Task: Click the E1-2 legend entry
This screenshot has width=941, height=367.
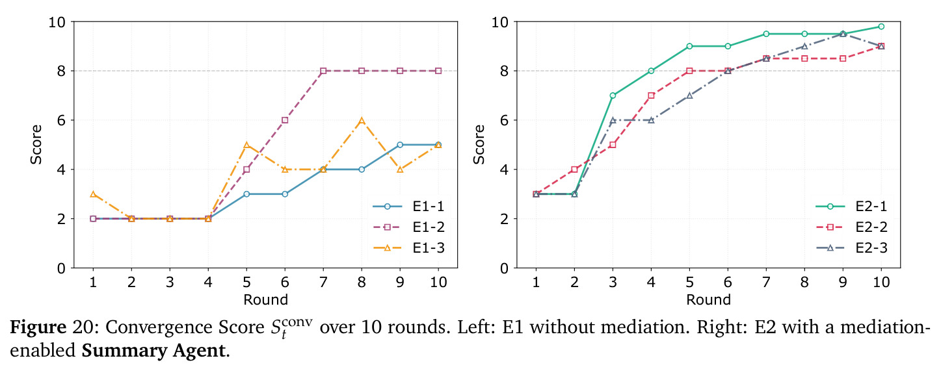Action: (408, 227)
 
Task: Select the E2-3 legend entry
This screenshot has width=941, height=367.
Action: (851, 248)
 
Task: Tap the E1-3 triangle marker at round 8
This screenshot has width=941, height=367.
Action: (362, 120)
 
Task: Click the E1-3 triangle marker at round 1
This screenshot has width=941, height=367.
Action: (93, 194)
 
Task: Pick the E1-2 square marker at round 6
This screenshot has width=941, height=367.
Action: (285, 120)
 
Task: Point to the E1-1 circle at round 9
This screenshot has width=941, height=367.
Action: (400, 145)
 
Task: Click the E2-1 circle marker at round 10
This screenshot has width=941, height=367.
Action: (881, 27)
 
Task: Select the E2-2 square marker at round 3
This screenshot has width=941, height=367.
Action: (613, 145)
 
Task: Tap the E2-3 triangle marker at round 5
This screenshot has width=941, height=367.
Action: (689, 95)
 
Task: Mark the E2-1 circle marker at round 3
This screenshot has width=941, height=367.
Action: (613, 95)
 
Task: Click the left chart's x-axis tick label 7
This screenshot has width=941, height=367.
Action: (323, 282)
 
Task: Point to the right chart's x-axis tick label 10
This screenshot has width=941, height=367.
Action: (881, 282)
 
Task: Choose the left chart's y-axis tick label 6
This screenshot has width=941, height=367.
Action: (62, 120)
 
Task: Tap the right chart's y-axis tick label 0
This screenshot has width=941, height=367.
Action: (505, 268)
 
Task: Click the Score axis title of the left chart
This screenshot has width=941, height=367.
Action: (36, 145)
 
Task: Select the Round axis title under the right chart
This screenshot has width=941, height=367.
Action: (709, 300)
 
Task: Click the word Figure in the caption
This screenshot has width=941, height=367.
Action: (38, 327)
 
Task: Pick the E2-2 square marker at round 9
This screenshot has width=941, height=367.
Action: (843, 58)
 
